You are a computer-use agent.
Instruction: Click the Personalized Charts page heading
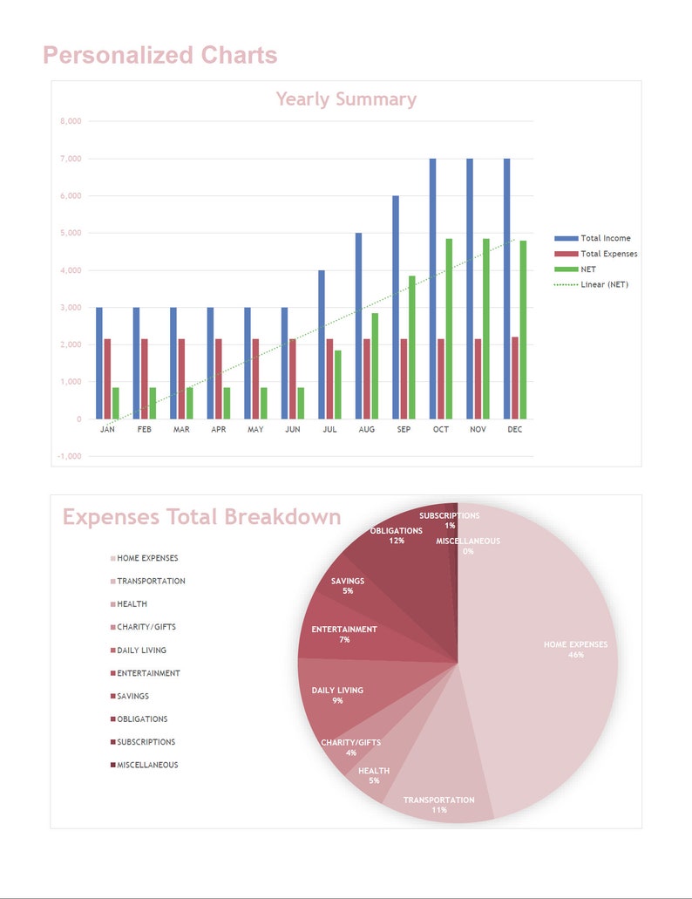point(160,56)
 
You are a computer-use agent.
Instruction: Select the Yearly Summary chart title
point(346,99)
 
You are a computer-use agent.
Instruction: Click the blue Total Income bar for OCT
point(432,289)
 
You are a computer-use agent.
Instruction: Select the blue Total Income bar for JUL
point(322,344)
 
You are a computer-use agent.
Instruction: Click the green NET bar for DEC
point(523,330)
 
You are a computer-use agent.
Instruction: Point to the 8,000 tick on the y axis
point(71,122)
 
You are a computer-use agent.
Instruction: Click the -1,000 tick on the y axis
point(70,456)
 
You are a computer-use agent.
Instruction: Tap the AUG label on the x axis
point(367,430)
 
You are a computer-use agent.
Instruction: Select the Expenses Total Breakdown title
point(201,517)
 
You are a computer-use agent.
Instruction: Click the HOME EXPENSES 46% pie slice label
point(575,650)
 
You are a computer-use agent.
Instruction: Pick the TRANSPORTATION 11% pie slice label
point(438,804)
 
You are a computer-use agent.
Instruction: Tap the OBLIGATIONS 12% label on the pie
point(397,535)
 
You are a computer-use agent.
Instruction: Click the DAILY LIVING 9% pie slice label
point(337,695)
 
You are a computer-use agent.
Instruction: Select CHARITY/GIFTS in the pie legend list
point(146,627)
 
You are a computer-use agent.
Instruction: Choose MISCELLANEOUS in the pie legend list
point(146,765)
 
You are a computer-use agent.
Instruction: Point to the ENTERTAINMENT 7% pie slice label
point(344,634)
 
